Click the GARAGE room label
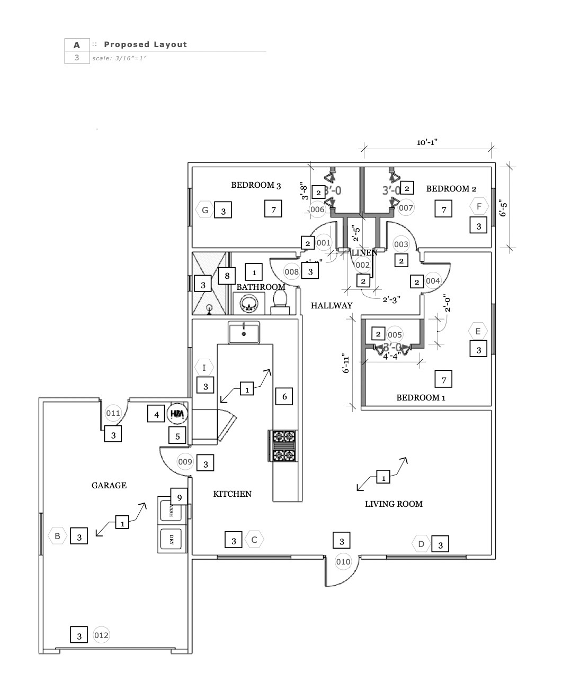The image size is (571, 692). [109, 485]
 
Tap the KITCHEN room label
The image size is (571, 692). [232, 494]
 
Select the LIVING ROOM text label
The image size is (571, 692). [394, 504]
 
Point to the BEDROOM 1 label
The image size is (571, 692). [418, 397]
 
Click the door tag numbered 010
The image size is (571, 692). [343, 561]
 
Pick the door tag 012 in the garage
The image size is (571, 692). [101, 635]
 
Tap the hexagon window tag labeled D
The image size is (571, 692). [422, 544]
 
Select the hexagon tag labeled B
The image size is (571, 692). [57, 536]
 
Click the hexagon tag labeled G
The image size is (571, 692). [205, 210]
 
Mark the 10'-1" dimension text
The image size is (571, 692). [427, 142]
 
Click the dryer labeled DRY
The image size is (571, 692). [171, 540]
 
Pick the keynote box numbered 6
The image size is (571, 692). [284, 396]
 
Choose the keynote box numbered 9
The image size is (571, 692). [180, 497]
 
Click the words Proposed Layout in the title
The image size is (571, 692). [145, 44]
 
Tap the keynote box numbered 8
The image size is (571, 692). [227, 276]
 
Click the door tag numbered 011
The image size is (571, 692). [113, 413]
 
